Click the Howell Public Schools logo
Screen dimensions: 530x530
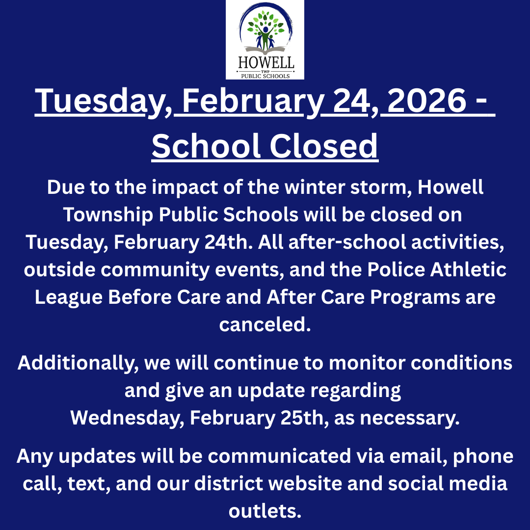(x=265, y=40)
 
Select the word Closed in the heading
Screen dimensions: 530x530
(x=322, y=146)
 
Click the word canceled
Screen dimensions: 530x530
(x=265, y=325)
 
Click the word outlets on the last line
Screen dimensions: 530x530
(x=265, y=511)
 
